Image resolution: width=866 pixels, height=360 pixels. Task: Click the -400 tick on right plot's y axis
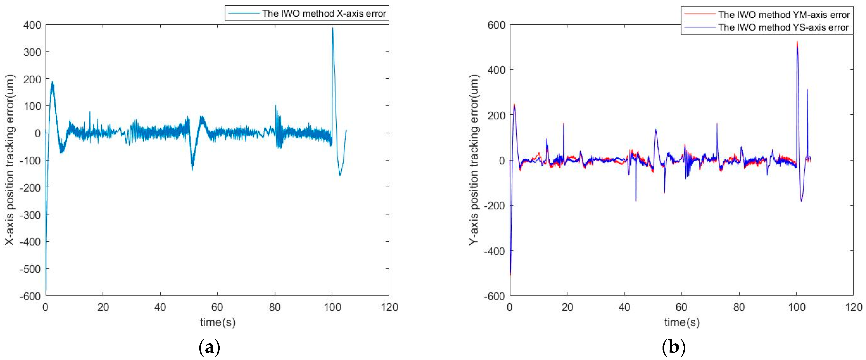click(x=494, y=251)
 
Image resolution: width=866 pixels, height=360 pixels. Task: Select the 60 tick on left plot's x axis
click(x=217, y=307)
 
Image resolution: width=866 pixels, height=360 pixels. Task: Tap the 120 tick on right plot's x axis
click(x=854, y=307)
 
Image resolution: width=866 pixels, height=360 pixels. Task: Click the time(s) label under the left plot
click(x=218, y=322)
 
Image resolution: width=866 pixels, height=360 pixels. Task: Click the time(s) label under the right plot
click(x=682, y=322)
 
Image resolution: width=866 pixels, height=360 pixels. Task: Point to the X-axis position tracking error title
click(x=10, y=160)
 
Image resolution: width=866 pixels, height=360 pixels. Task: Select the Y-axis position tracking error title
click(x=474, y=160)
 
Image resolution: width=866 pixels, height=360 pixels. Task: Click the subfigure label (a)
click(x=209, y=347)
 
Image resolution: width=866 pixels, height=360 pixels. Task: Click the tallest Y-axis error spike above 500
click(x=797, y=42)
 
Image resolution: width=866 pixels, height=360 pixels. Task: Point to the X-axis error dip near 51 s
click(x=193, y=169)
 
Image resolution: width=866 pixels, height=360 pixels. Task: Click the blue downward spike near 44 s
click(x=636, y=201)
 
